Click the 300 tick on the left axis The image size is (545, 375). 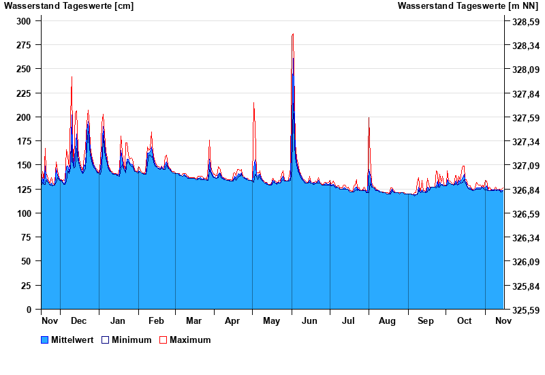24,21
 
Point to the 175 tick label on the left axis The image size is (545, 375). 24,141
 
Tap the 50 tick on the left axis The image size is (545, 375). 27,261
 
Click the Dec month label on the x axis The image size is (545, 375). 78,321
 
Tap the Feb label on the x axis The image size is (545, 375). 156,321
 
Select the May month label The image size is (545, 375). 271,321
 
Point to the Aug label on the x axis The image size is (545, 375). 387,321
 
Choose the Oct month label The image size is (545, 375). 464,321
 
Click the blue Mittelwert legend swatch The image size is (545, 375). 45,340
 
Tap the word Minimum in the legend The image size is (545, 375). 131,340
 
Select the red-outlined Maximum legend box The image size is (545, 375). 163,340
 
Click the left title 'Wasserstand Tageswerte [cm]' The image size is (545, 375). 69,6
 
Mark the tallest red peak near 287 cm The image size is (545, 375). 293,33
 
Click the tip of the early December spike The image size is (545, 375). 72,77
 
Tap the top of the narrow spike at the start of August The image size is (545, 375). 369,118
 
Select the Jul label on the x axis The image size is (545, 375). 349,321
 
